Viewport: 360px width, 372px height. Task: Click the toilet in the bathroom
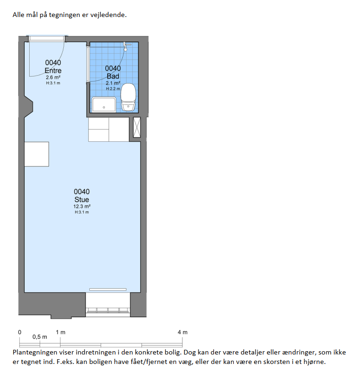pos(129,97)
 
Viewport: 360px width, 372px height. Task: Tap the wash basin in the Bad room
pos(104,104)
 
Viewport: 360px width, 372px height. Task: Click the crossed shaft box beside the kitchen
pos(137,127)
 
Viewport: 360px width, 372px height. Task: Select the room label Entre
pos(53,70)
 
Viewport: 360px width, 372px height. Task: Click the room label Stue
pos(82,199)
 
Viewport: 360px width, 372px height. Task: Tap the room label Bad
pos(113,76)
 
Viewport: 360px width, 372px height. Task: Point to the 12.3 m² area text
pos(82,207)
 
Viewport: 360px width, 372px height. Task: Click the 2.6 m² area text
pos(53,78)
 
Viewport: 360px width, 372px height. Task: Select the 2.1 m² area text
pos(113,83)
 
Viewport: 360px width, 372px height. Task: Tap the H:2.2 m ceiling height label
pos(113,89)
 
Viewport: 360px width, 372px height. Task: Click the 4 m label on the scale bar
pos(183,332)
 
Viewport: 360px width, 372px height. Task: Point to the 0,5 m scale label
pos(40,337)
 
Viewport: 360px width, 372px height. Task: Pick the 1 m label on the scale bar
pos(60,332)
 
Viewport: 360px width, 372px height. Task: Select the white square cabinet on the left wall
pos(37,154)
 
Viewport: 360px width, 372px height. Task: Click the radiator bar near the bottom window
pos(108,289)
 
